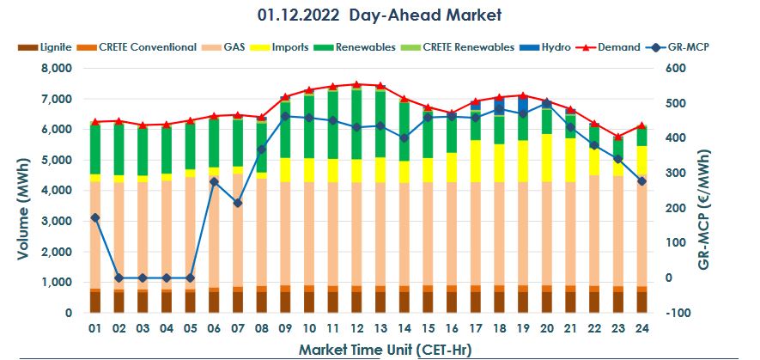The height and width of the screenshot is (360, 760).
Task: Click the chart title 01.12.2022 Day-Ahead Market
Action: [379, 15]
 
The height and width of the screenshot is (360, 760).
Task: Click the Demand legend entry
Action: [620, 47]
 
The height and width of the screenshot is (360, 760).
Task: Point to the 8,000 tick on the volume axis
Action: [60, 69]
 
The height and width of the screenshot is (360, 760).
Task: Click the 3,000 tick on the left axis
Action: [60, 222]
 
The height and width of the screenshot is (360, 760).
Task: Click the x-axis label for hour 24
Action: [641, 329]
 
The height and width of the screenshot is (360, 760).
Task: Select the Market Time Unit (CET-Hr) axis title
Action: [384, 349]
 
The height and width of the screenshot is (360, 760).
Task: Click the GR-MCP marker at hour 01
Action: [95, 217]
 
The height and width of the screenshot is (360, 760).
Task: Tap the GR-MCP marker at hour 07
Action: [238, 203]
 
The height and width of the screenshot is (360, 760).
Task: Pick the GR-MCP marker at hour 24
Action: [641, 181]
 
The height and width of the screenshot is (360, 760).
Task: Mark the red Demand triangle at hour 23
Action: [617, 137]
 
